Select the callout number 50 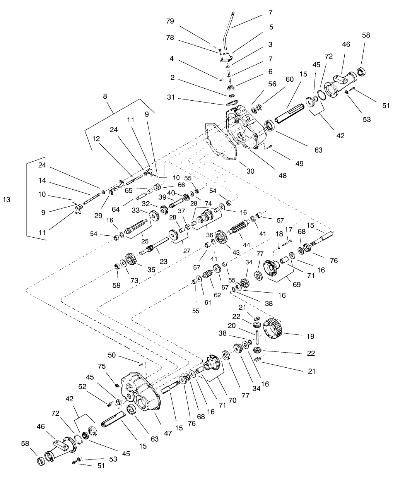point(112,355)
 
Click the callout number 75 point(102,366)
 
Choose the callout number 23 point(163,261)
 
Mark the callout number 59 point(116,285)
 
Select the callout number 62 point(217,295)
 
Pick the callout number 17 point(299,230)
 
